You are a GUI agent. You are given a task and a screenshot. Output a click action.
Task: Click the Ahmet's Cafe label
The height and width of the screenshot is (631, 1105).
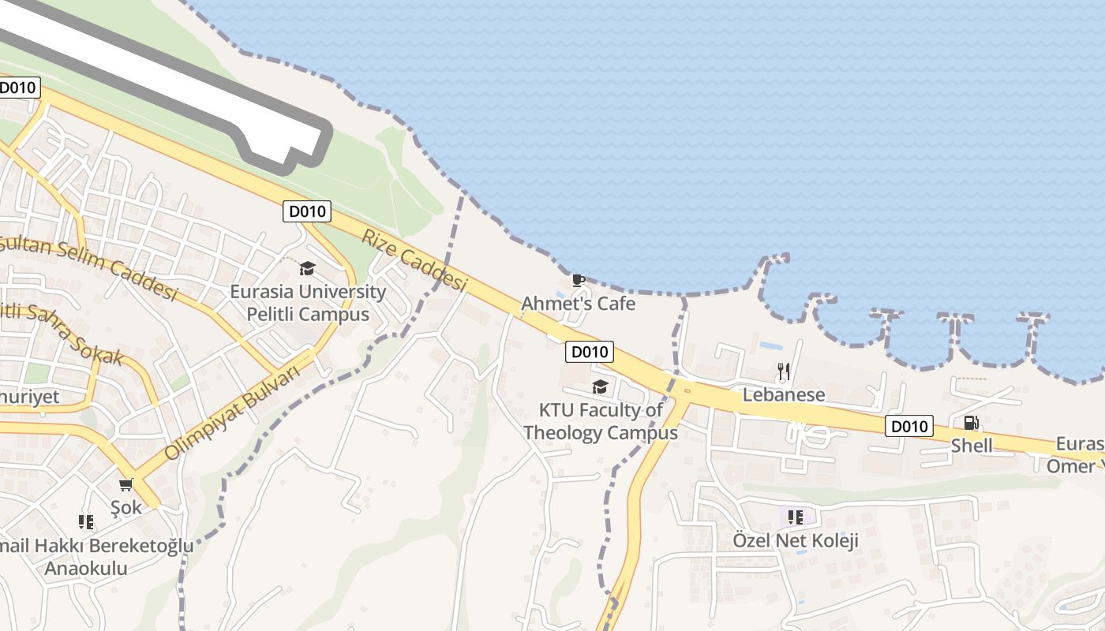pos(578,304)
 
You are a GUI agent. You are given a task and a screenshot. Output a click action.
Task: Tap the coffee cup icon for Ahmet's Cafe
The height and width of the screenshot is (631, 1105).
pos(578,279)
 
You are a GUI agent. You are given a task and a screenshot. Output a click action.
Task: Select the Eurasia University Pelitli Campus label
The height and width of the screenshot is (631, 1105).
pos(308,303)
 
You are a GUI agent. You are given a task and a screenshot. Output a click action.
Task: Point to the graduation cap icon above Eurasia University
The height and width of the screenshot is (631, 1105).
pos(307,268)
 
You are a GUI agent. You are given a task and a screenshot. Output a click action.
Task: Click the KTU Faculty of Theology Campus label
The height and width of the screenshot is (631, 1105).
pos(601,421)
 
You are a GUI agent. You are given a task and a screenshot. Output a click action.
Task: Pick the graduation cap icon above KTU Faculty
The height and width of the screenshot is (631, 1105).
pos(600,386)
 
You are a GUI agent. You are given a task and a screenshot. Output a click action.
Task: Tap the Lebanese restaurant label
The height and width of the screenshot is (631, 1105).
pos(784,394)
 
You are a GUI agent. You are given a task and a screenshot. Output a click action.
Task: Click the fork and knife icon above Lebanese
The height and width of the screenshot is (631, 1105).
pos(783,371)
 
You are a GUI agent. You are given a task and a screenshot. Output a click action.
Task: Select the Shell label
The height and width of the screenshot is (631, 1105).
pos(972,446)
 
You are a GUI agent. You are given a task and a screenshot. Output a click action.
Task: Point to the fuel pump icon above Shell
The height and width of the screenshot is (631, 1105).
pos(972,423)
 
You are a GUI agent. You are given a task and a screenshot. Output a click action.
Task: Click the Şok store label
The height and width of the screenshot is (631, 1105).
pos(126,507)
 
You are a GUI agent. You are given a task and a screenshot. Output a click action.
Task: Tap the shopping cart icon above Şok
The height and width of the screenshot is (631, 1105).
pos(125,484)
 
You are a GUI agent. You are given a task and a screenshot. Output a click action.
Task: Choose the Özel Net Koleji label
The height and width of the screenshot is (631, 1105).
pos(796,541)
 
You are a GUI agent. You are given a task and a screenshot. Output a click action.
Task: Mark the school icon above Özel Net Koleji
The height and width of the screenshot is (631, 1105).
pos(796,517)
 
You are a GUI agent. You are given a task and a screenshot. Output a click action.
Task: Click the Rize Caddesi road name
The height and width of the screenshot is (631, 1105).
pos(414,259)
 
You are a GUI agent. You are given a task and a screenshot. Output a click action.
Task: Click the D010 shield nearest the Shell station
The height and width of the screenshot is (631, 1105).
pos(908,426)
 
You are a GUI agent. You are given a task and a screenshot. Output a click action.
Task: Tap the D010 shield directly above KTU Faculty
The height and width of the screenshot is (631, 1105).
pos(590,352)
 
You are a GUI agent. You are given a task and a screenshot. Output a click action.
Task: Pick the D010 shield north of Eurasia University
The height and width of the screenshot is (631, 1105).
pos(307,211)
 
